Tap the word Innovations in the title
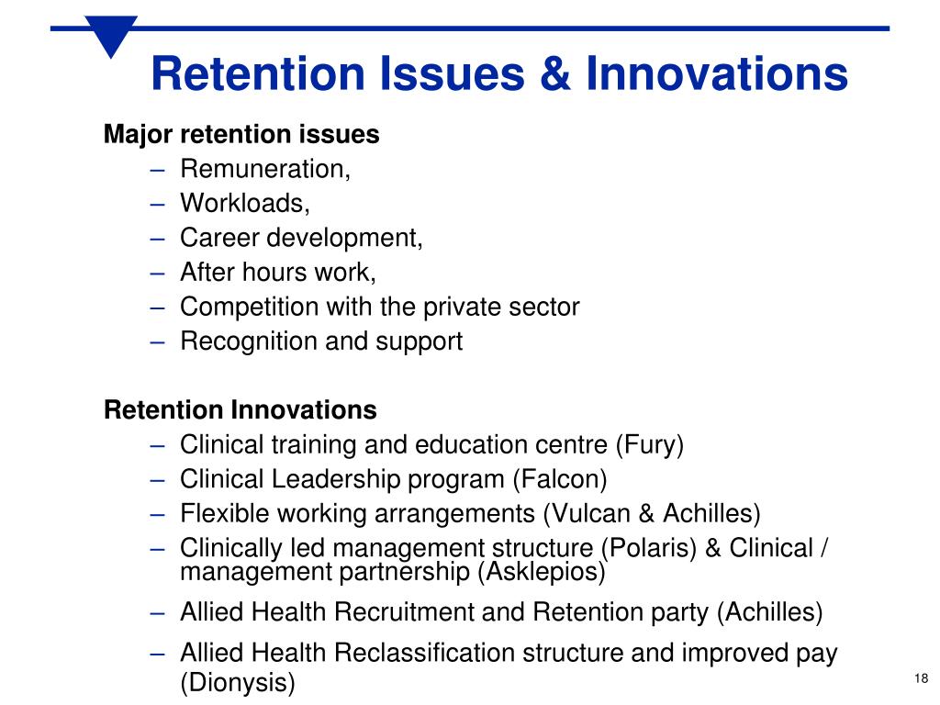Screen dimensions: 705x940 tap(717, 74)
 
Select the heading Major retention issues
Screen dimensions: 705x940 tap(241, 135)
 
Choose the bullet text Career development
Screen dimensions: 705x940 tap(301, 238)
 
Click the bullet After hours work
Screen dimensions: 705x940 tap(278, 273)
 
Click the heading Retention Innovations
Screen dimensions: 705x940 tap(241, 409)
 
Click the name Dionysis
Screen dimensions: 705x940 tap(238, 683)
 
